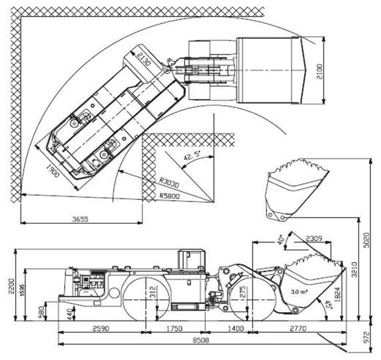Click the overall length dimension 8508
coord(201,340)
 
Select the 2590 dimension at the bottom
coord(101,329)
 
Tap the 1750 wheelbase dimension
coord(175,329)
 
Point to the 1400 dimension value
coord(236,329)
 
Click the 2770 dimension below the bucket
coord(298,329)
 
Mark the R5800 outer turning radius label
coord(169,196)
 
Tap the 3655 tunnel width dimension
coord(81,219)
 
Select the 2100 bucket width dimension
coord(319,71)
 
